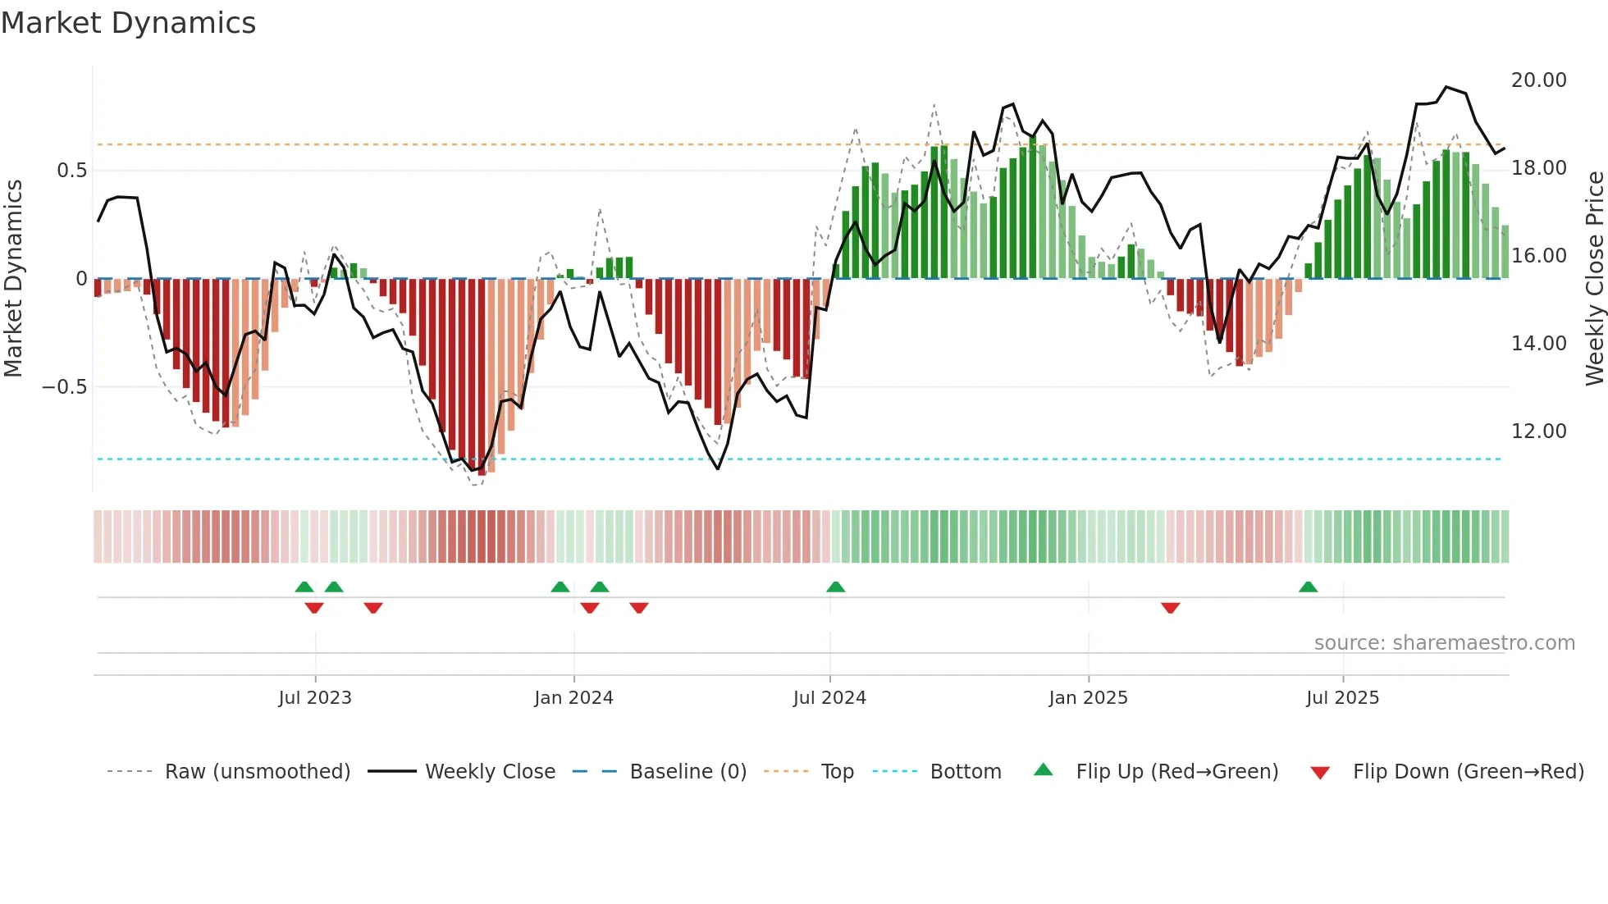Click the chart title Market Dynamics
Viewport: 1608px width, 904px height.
pyautogui.click(x=129, y=23)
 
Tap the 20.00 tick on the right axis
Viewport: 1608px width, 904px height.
pyautogui.click(x=1538, y=80)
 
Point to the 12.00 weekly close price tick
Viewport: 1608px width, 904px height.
pyautogui.click(x=1538, y=431)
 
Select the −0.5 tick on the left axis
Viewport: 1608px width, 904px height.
pyautogui.click(x=64, y=387)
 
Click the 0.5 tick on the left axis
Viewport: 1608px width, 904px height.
pyautogui.click(x=71, y=171)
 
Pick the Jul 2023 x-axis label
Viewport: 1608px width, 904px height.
pyautogui.click(x=315, y=698)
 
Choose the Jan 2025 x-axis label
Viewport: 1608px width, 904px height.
pyautogui.click(x=1088, y=698)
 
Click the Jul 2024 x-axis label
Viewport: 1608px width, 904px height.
pyautogui.click(x=829, y=698)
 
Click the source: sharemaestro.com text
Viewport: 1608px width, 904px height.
pyautogui.click(x=1444, y=643)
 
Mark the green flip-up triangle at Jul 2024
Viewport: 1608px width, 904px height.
pyautogui.click(x=835, y=587)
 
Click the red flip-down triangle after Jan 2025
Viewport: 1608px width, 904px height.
pyautogui.click(x=1170, y=608)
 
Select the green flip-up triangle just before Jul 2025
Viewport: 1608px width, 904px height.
pyautogui.click(x=1308, y=587)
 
